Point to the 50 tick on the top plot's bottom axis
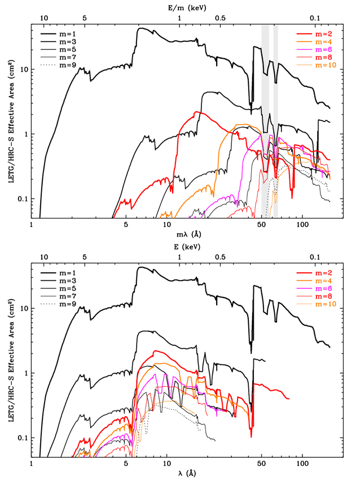click(262, 224)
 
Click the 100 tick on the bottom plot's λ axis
click(302, 463)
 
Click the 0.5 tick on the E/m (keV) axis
click(220, 18)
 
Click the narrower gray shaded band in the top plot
click(275, 113)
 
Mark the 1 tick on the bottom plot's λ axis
click(32, 463)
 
